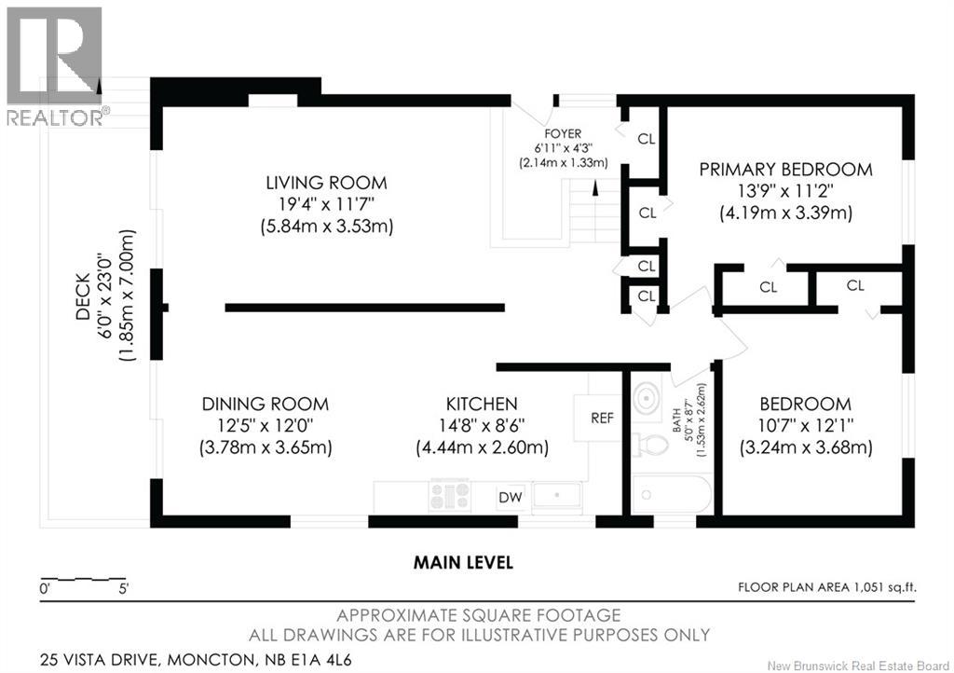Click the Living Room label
click(326, 183)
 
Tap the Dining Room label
click(266, 404)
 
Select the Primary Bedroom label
click(785, 169)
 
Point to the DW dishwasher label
click(511, 497)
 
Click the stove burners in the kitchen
click(450, 495)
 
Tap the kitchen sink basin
click(557, 496)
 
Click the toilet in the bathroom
click(649, 445)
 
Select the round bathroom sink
click(647, 399)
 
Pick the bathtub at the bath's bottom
click(672, 495)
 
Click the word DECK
click(83, 296)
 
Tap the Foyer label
click(563, 133)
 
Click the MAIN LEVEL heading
click(463, 562)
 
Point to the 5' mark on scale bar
click(124, 589)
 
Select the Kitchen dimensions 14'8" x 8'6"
click(482, 425)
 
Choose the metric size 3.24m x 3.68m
click(806, 447)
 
